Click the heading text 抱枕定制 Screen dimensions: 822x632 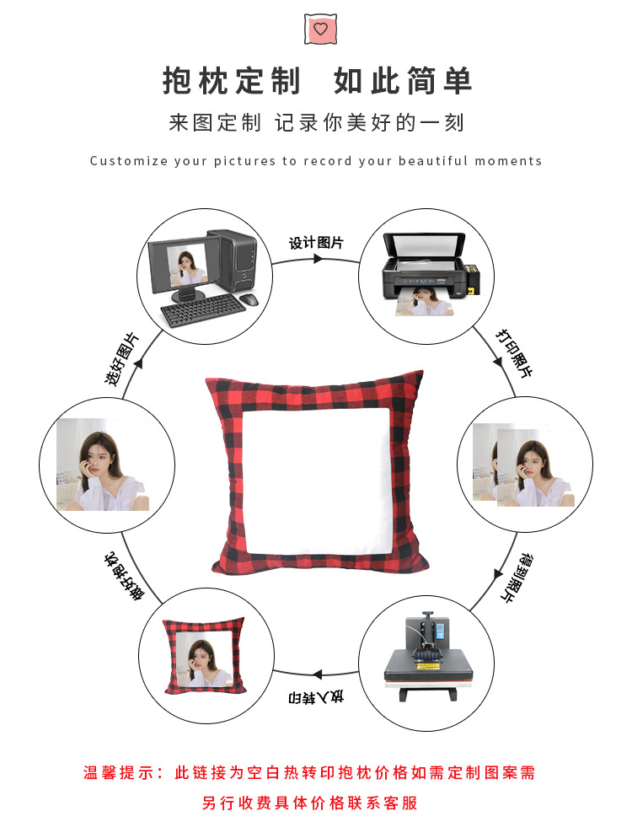tap(231, 82)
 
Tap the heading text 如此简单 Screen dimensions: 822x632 tap(403, 82)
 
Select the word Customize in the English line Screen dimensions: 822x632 tap(128, 161)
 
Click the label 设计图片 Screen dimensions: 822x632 tap(316, 243)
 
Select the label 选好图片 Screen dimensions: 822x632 tap(122, 360)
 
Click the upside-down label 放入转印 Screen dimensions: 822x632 tap(316, 697)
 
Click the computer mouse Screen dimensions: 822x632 tap(248, 299)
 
